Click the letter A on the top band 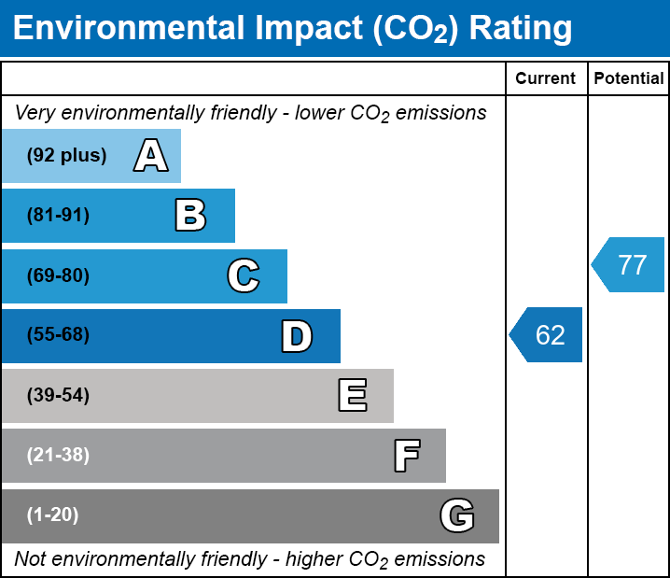coord(151,156)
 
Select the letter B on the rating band coord(190,216)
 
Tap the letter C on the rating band coord(243,275)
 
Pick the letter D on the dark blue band coord(297,336)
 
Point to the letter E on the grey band coord(352,396)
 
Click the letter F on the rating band coord(406,457)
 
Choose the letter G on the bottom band coord(456,516)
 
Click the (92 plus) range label coord(66,156)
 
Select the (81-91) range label coord(58,216)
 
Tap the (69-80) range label coord(58,275)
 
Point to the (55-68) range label coord(58,335)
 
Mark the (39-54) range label coord(58,396)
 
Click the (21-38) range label coord(58,456)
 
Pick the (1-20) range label coord(53,515)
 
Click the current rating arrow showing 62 coord(547,334)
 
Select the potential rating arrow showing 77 coord(629,265)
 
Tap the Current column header coord(546,79)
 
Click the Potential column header coord(629,79)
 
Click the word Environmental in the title coord(128,29)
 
